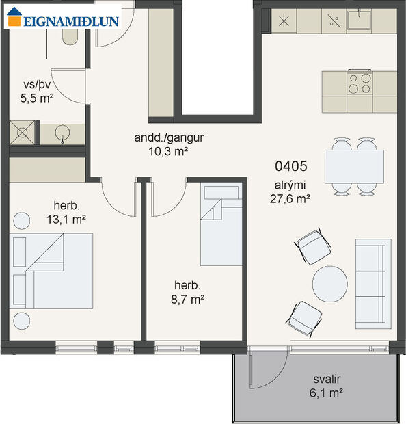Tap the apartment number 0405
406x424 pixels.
click(x=291, y=165)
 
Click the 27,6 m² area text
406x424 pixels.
click(x=291, y=199)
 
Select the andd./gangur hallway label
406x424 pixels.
click(x=169, y=137)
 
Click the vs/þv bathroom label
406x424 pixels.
click(x=36, y=85)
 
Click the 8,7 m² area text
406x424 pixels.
click(x=189, y=298)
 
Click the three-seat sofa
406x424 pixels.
click(x=373, y=281)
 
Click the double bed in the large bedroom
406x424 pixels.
click(x=53, y=271)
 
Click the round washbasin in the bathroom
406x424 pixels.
click(x=64, y=132)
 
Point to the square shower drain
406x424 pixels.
click(x=22, y=132)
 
